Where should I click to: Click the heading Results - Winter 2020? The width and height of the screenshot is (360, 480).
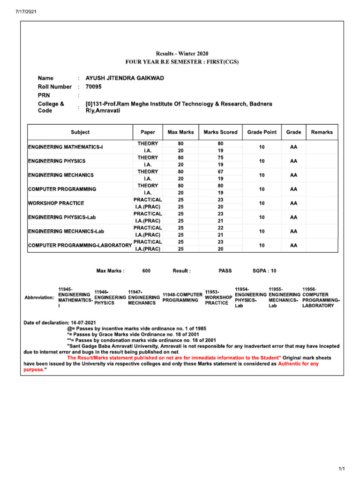pos(182,54)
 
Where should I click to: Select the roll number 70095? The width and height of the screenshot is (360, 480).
pos(93,87)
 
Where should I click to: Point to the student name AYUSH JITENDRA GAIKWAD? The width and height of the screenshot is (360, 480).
pos(125,78)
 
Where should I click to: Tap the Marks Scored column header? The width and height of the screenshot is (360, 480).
pos(220,132)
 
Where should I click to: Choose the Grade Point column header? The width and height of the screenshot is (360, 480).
pos(262,132)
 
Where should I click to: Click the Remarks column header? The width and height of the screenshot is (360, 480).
pos(322,132)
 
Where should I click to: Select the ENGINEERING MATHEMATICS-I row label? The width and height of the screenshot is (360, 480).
pos(66,147)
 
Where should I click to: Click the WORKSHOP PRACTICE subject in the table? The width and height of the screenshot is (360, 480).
pos(56,203)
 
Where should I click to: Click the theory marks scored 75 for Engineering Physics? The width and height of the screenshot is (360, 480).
pos(220,158)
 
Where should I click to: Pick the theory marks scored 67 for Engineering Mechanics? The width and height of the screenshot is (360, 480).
pos(220,172)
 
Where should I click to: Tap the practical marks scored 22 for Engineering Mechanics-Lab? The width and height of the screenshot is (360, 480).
pos(220,228)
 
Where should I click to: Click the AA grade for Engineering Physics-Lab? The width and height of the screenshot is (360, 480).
pos(293,217)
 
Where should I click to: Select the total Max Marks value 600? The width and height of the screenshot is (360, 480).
pos(146,271)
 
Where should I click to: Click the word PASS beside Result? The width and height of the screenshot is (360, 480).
pos(225,271)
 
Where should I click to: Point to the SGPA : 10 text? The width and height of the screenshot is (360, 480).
pos(264,271)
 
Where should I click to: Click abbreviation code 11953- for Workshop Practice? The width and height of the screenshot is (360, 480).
pos(212,292)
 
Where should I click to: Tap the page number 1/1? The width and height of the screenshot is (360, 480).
pos(341,469)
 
